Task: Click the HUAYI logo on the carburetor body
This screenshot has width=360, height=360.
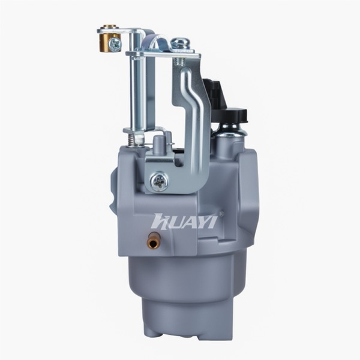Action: click(184, 221)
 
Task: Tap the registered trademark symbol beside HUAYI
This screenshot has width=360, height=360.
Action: click(221, 214)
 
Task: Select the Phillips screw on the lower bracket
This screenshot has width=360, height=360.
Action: click(159, 181)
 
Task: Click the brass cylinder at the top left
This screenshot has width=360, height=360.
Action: click(108, 41)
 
